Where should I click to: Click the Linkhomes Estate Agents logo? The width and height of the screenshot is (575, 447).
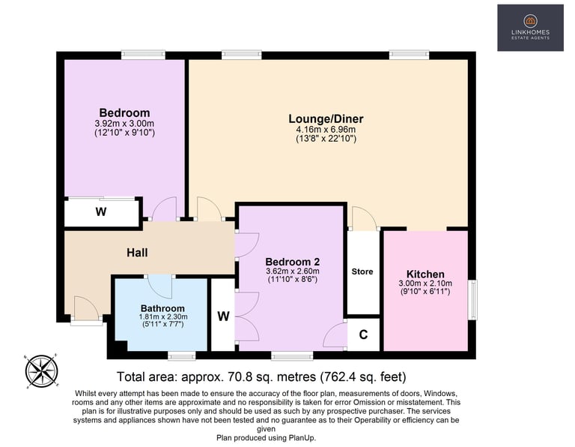point(530,28)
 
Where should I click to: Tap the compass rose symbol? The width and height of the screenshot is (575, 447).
point(41,371)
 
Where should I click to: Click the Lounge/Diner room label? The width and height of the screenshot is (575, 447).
point(326,118)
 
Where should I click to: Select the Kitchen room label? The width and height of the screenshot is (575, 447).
point(425,274)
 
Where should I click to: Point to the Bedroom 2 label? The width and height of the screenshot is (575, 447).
point(292,262)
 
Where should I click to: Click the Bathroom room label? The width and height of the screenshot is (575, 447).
point(162,308)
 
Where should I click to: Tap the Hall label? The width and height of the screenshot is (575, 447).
point(137,252)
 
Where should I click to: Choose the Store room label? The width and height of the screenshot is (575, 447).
point(362,271)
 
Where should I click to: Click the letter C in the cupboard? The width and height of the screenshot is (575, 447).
point(363,334)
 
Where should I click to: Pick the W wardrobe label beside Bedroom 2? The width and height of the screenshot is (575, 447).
point(223,316)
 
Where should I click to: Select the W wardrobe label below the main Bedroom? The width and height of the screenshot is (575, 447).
point(101,211)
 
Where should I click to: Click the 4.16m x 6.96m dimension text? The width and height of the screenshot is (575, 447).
point(326,130)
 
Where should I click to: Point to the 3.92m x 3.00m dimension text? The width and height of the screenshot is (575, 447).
point(124,124)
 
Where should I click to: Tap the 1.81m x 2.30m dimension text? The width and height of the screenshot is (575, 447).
point(162,316)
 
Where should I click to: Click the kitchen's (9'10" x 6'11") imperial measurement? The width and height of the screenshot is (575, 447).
point(425,292)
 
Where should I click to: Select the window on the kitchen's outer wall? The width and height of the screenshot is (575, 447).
point(473,299)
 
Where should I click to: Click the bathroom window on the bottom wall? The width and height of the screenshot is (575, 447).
point(182,355)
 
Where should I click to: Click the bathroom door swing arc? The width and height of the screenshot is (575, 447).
point(160,286)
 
